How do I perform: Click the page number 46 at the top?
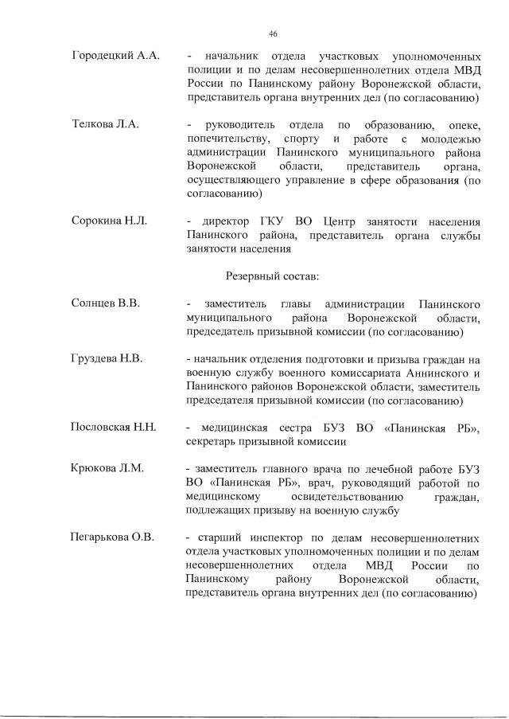coord(273,33)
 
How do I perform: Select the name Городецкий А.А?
coord(116,57)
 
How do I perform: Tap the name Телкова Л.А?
coord(106,125)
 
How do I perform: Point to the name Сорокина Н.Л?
coord(110,221)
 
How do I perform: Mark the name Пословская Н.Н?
coord(114,428)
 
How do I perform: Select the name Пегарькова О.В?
coord(112,537)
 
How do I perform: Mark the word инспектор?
coord(289,537)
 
